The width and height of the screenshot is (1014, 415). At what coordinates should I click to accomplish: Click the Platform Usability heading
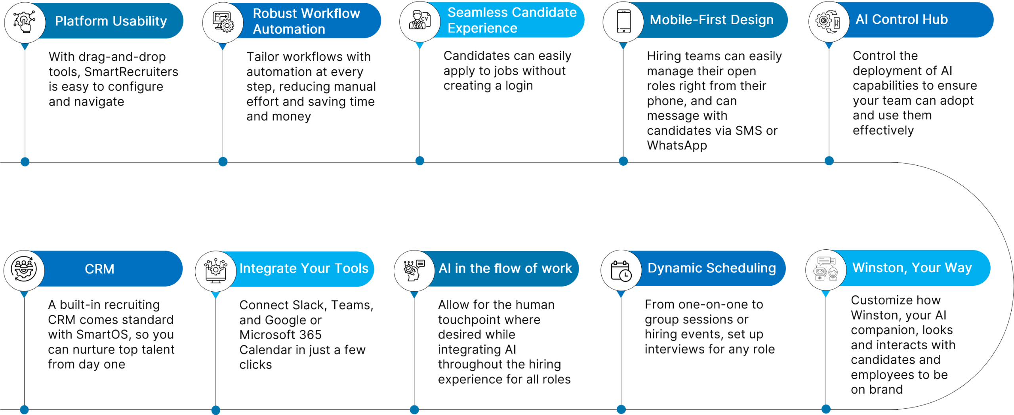click(x=111, y=21)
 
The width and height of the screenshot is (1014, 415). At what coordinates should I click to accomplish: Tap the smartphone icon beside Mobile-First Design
click(x=623, y=21)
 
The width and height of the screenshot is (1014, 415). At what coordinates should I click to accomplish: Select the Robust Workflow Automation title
click(x=306, y=21)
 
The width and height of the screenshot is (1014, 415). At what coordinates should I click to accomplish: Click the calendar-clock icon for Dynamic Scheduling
click(x=621, y=270)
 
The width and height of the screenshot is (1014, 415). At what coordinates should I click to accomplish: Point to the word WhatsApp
click(x=677, y=145)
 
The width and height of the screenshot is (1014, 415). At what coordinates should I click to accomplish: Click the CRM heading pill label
click(x=99, y=269)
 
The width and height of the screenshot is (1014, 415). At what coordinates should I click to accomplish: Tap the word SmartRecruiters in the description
click(x=131, y=72)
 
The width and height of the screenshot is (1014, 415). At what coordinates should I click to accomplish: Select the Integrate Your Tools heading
click(x=304, y=268)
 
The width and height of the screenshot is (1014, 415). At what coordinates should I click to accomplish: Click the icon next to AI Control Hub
click(x=829, y=21)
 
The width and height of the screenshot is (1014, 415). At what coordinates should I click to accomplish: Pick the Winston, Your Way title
click(x=912, y=268)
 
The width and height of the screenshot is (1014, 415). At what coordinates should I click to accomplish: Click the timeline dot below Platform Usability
click(x=25, y=161)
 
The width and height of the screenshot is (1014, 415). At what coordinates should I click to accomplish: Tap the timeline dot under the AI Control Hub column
click(x=829, y=161)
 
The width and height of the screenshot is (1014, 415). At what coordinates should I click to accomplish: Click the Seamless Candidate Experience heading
click(x=512, y=20)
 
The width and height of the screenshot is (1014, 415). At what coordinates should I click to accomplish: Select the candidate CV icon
click(x=419, y=21)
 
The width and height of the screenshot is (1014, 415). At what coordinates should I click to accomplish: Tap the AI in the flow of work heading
click(x=505, y=268)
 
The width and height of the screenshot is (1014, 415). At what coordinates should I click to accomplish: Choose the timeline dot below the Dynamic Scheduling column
click(x=621, y=409)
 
